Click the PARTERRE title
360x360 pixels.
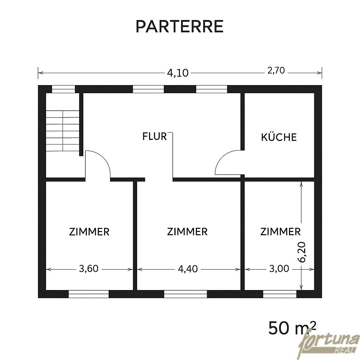tap(180, 26)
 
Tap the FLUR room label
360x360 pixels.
tap(155, 136)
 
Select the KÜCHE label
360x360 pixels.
tap(279, 137)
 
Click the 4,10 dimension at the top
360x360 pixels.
tap(178, 73)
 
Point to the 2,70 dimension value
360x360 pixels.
tap(276, 70)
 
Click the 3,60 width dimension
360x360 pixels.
tap(89, 268)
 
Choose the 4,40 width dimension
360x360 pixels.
tap(188, 269)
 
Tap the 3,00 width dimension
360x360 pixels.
tap(279, 268)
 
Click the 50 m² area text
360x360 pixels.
tap(292, 328)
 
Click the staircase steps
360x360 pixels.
tap(63, 131)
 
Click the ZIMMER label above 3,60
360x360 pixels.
tap(89, 232)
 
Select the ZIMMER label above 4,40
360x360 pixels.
tap(187, 232)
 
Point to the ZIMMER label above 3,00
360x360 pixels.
tap(280, 232)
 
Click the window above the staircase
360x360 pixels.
tap(63, 89)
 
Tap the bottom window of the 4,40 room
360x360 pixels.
tap(186, 294)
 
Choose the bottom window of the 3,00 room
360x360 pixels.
tap(279, 294)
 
